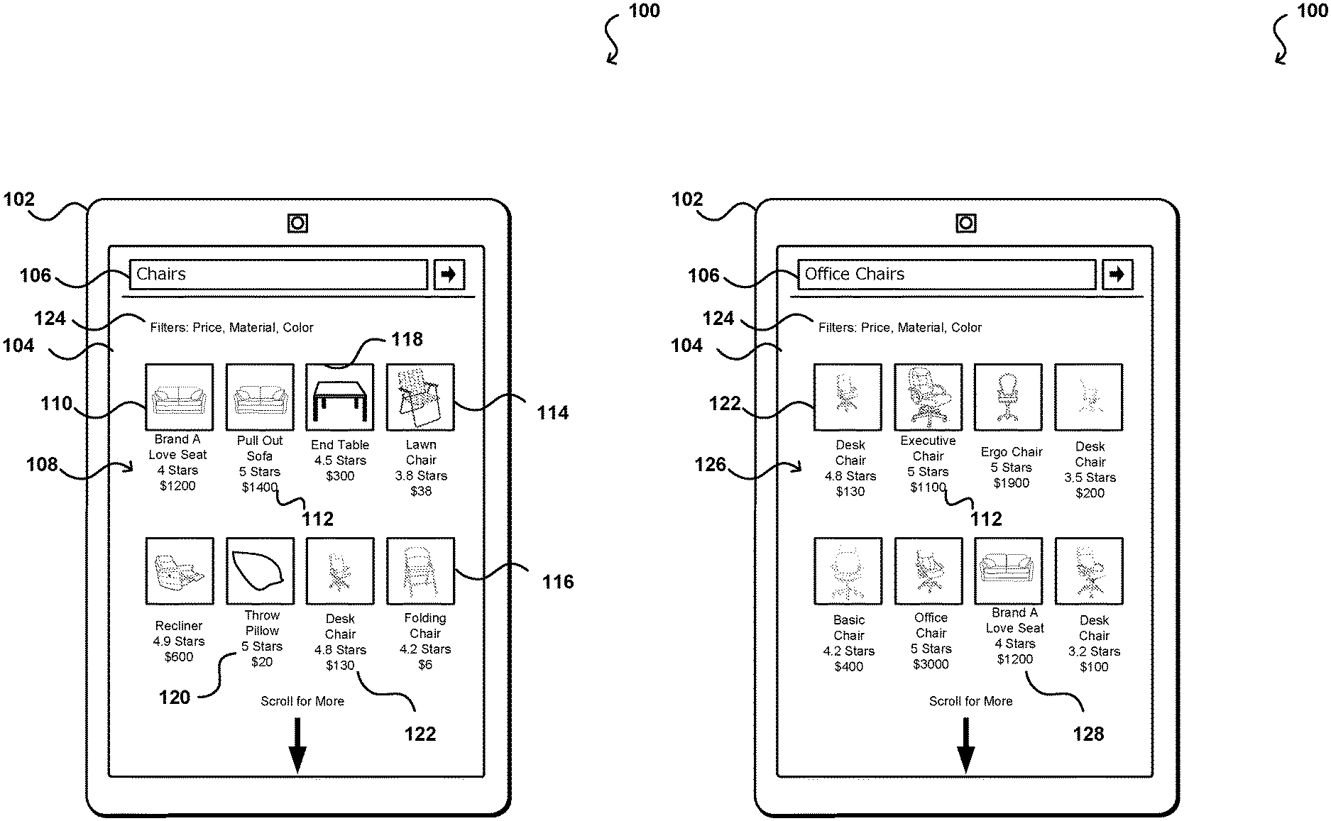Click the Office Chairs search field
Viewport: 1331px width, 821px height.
946,275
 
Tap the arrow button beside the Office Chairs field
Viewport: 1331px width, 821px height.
1117,275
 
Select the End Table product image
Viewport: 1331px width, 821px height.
339,397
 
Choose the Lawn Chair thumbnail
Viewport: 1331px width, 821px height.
420,397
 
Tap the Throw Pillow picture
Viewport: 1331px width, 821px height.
260,571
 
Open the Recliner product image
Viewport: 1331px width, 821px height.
179,571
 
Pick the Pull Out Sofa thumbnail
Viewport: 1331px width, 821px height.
260,397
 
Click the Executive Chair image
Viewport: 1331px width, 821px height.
928,397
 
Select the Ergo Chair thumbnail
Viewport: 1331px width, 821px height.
1008,397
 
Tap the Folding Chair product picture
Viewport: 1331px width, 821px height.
420,571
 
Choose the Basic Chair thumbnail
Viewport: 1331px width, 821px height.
848,571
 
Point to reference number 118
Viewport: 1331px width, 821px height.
407,340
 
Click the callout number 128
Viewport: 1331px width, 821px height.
1088,734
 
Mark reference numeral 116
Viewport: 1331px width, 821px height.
558,583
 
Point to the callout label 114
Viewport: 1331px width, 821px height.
553,413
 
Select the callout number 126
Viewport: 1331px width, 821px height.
711,465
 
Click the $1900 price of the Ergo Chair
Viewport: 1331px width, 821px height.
1011,483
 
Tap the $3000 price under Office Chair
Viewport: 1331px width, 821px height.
931,665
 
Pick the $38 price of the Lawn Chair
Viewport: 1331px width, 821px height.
421,491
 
